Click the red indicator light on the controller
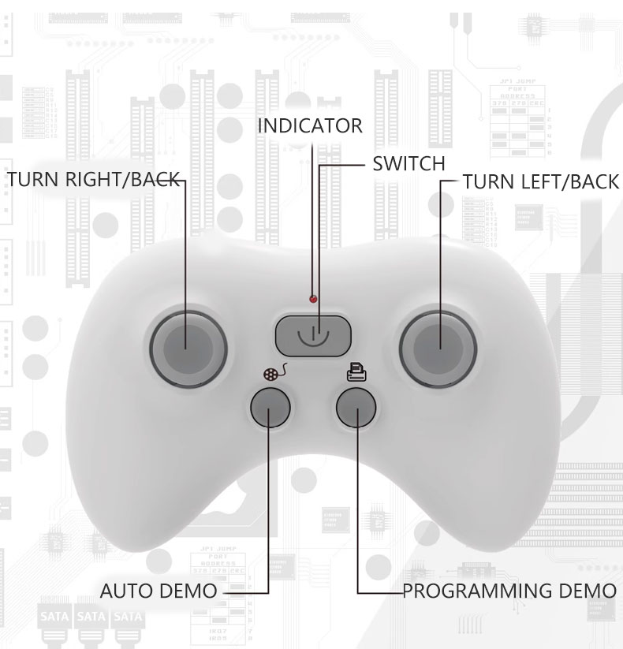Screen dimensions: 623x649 point(313,298)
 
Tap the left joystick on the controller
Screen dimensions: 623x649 point(188,349)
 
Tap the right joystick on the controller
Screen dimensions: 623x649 point(438,349)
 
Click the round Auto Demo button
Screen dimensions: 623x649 point(270,407)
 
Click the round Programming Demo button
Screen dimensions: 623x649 point(356,407)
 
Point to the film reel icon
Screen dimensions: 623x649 point(275,372)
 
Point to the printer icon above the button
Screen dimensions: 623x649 point(356,371)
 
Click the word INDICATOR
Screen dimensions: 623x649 point(310,126)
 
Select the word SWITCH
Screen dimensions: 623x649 point(408,163)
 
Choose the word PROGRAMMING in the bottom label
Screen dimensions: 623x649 point(477,591)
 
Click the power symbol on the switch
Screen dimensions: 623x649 point(313,336)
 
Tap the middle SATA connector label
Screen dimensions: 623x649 point(91,617)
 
